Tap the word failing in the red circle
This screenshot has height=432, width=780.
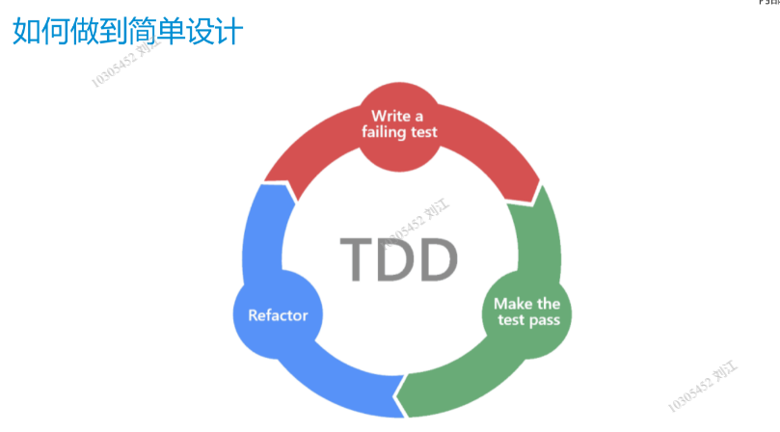coord(384,132)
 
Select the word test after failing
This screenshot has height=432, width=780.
coord(421,132)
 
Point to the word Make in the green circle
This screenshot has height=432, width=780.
coord(508,304)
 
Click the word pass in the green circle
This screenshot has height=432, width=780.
coord(544,320)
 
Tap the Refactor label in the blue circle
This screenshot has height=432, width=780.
coord(278,315)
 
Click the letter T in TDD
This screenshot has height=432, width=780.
coord(359,257)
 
